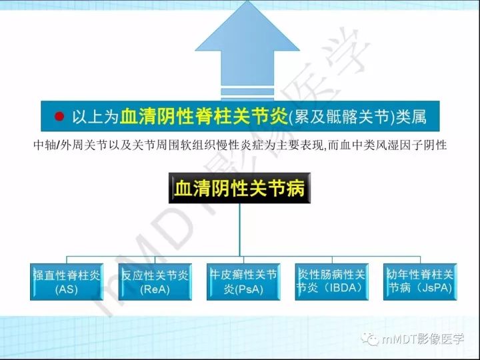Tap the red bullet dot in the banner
59,117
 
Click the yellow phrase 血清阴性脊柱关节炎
204,117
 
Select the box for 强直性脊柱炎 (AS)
67,282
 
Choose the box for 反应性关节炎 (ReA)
154,282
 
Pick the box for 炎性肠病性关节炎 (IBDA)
331,281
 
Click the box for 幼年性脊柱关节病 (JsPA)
421,281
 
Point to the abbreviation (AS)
67,290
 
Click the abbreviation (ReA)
154,290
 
